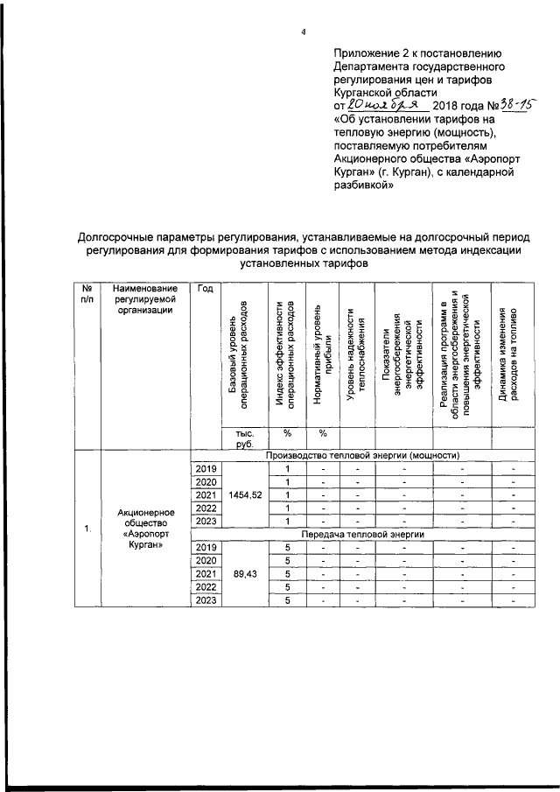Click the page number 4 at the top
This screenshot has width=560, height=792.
point(303,33)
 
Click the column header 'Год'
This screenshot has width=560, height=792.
point(205,290)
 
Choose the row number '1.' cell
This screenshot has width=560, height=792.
point(87,529)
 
